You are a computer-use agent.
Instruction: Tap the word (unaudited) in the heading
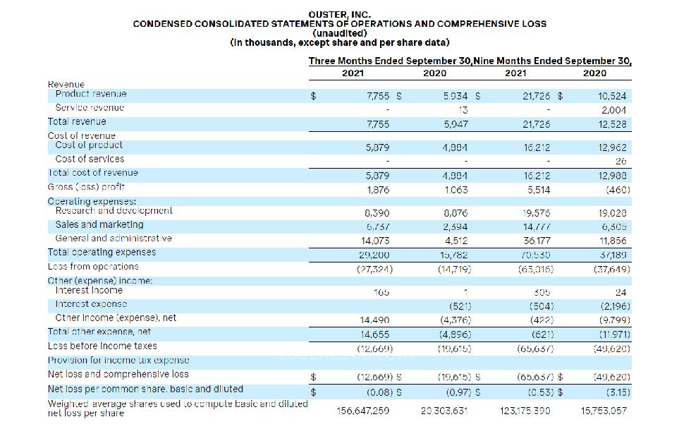339,33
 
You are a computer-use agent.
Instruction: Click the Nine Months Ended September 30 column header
553,61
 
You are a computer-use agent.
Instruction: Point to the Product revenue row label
91,94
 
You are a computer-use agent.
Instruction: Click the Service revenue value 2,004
614,110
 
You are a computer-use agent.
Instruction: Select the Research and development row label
114,211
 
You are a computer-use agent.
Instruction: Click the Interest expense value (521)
460,306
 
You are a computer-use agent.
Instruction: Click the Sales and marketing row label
99,225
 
